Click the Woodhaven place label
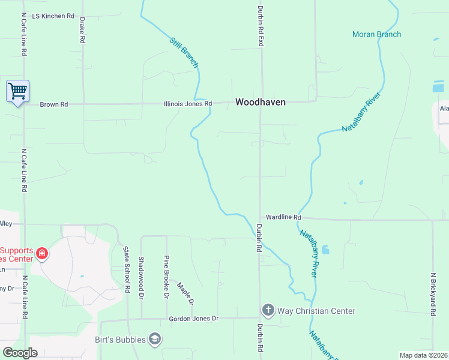click(x=260, y=103)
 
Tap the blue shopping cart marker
click(x=17, y=92)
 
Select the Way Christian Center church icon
click(x=268, y=310)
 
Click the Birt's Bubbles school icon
click(x=155, y=340)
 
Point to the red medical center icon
click(x=41, y=253)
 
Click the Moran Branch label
click(x=376, y=34)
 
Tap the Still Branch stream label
click(x=184, y=53)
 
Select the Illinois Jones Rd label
click(x=188, y=104)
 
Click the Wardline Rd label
click(x=283, y=217)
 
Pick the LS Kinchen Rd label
click(x=53, y=16)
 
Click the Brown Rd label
click(x=54, y=104)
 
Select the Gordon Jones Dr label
click(x=194, y=319)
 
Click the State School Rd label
click(x=127, y=269)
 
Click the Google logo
click(x=20, y=353)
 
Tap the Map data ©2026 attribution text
click(x=423, y=355)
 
